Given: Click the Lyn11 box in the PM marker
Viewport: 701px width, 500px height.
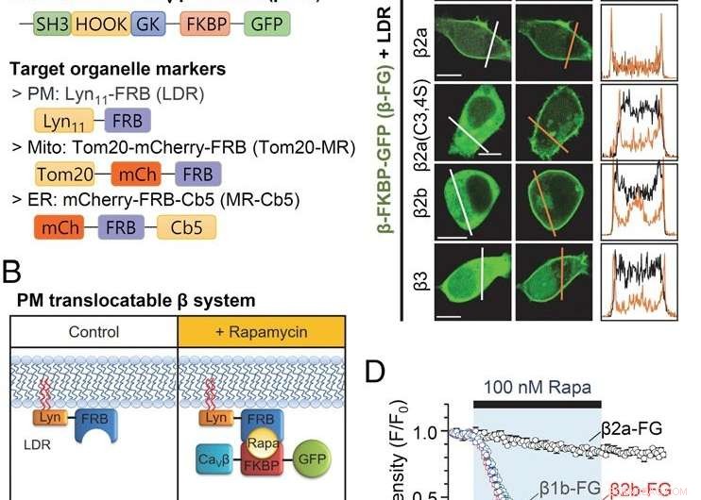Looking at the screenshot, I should click(63, 124).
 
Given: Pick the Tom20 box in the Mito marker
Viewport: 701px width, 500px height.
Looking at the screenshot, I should click(65, 174).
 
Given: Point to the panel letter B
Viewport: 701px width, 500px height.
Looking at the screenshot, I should click(12, 274).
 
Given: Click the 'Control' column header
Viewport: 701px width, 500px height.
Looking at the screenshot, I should click(94, 332).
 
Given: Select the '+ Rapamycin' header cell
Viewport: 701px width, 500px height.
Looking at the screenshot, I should click(260, 332).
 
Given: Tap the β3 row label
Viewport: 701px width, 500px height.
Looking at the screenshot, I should click(418, 281).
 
